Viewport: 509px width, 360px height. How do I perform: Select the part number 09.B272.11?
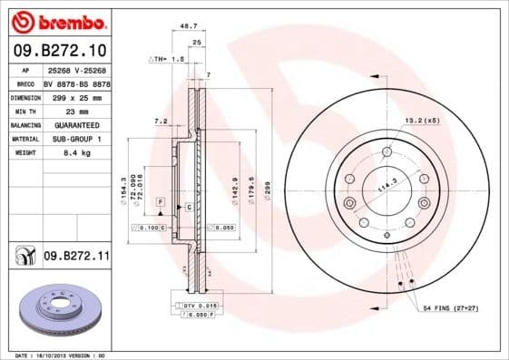pos(75,257)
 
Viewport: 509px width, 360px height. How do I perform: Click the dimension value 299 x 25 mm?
pos(74,95)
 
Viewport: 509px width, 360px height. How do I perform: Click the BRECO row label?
pos(25,82)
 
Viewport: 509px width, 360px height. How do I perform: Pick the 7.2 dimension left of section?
pos(161,120)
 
